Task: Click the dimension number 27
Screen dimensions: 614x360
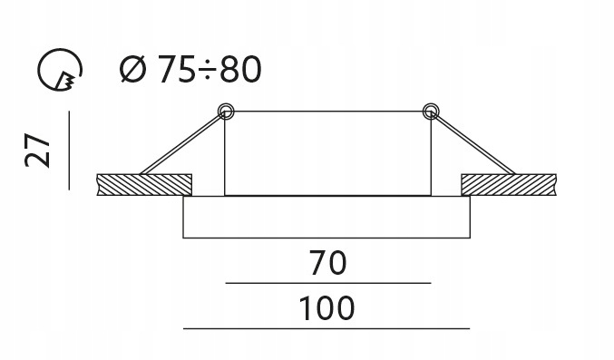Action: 37,151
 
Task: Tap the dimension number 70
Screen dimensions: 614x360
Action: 327,263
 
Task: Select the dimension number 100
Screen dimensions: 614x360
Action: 327,308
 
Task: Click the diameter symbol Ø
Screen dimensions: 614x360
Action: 132,69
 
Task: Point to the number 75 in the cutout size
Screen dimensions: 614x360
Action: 175,69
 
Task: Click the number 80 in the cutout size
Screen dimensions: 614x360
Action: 240,69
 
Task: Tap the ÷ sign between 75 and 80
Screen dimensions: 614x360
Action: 207,70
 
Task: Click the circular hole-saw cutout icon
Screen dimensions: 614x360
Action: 60,69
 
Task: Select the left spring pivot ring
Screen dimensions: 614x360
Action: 226,112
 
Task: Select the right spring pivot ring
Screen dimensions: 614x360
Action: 431,112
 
